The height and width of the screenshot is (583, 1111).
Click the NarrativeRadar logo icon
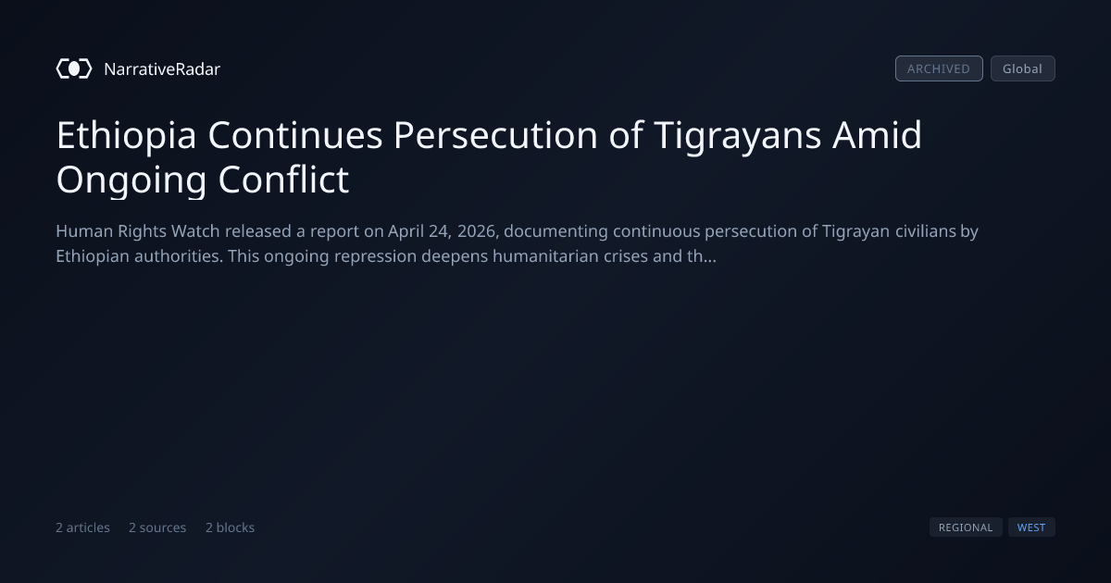74,68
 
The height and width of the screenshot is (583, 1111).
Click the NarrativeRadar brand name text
162,68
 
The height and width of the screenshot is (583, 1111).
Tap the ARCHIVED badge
939,68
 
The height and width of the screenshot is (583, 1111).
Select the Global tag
1023,68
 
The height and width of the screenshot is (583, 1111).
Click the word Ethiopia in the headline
127,135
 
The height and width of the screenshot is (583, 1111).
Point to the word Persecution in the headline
495,135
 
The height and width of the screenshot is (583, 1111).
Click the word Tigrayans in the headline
738,136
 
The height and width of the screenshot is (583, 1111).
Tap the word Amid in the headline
877,134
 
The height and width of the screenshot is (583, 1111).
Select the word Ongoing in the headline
131,180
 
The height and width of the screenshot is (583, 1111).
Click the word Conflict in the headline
283,179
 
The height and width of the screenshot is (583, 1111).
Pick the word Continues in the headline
295,135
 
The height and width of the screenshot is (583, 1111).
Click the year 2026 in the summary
477,231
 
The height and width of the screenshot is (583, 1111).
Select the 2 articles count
82,527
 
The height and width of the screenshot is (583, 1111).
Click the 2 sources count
157,527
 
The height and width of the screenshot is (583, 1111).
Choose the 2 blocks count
231,527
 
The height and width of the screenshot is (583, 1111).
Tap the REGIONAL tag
966,527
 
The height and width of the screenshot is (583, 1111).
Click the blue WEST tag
1031,527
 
